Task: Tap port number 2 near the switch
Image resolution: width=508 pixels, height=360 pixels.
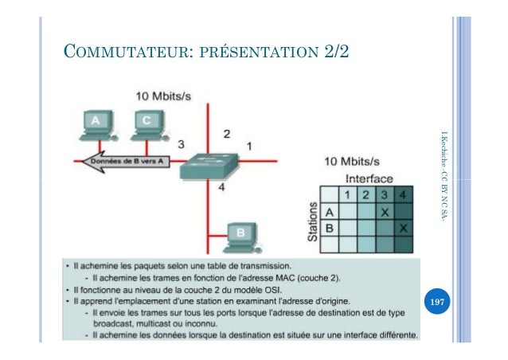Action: tap(226, 132)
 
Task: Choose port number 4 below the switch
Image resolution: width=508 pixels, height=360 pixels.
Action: tap(222, 188)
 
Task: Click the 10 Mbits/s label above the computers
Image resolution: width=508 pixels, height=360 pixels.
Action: tap(163, 96)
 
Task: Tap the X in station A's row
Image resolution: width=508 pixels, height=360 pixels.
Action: tap(385, 212)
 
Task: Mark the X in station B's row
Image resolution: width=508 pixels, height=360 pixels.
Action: tap(403, 229)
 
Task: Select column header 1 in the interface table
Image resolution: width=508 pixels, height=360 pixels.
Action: tap(347, 195)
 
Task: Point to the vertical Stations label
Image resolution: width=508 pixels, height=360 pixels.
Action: tap(313, 221)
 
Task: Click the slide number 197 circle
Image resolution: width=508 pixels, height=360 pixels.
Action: tap(436, 303)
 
